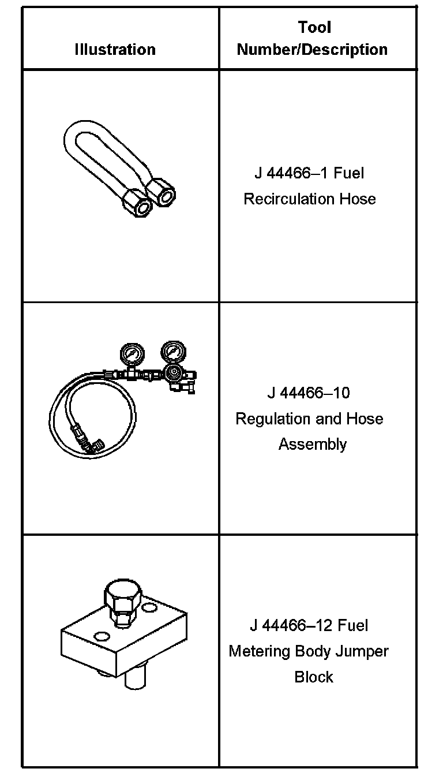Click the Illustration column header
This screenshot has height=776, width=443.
[115, 50]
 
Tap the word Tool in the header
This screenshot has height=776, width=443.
[314, 27]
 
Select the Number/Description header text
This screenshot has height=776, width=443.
[312, 50]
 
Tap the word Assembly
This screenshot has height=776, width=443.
[312, 444]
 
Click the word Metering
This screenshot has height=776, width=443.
[260, 651]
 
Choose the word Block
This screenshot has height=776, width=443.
[314, 677]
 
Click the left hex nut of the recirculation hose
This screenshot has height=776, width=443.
[138, 205]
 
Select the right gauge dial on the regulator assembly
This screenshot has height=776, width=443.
[171, 351]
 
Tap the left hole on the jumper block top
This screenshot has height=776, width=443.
[102, 636]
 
